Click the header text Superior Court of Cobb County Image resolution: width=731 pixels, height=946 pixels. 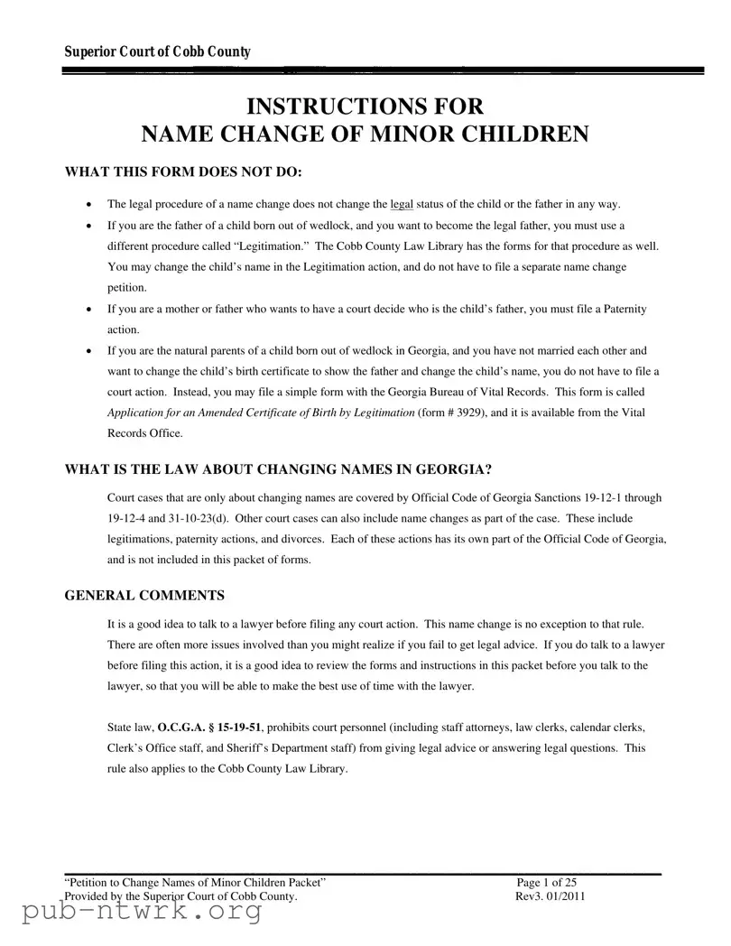157,52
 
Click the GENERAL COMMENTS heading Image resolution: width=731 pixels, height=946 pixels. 144,596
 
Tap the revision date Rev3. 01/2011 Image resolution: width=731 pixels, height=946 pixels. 550,896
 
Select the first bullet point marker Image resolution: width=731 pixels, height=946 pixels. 87,205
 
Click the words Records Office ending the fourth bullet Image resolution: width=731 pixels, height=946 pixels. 144,433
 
